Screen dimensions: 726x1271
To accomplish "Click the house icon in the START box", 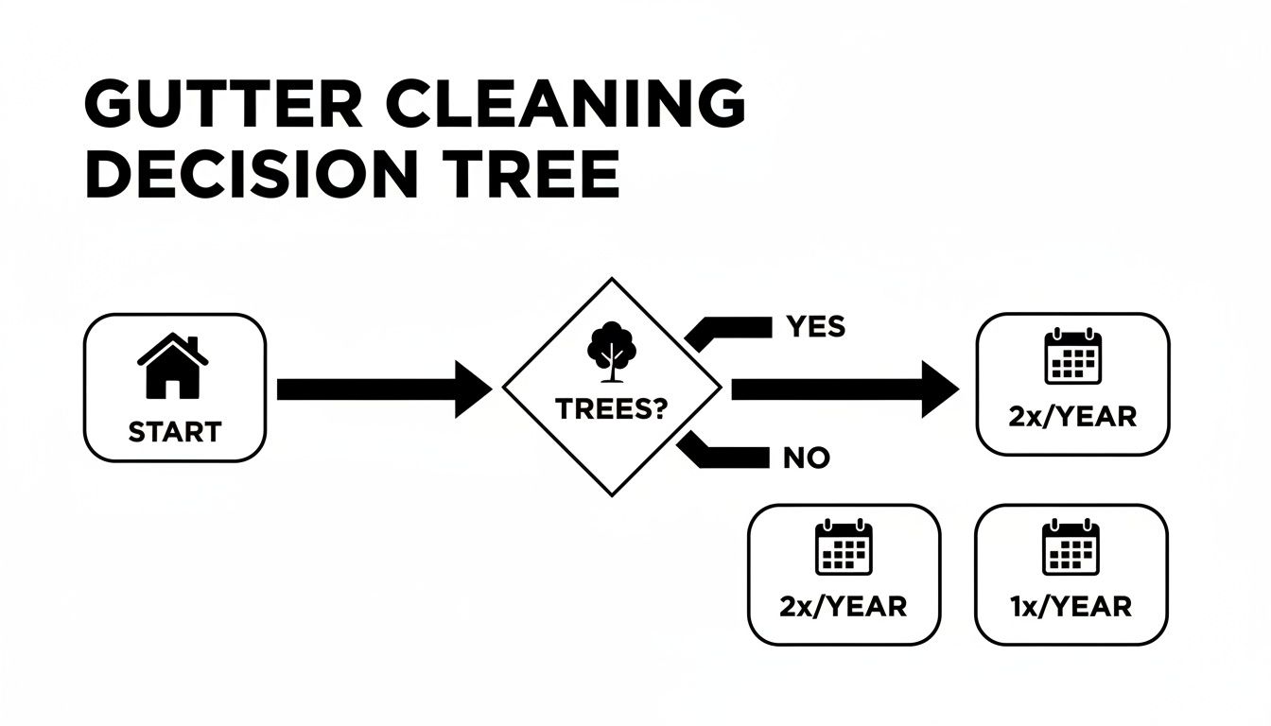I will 173,366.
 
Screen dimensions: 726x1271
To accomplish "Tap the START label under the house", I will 174,432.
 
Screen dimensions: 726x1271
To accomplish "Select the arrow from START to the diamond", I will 383,389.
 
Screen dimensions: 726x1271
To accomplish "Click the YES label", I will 815,327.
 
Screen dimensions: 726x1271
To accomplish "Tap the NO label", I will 806,458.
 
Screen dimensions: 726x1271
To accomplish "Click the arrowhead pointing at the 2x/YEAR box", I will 940,389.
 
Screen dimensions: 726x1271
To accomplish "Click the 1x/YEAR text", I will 1071,605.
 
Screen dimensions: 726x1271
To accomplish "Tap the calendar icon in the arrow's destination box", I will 1072,356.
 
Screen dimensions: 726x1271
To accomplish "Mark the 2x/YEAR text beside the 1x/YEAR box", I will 844,605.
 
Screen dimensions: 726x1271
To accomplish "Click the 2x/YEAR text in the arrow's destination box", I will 1072,416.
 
